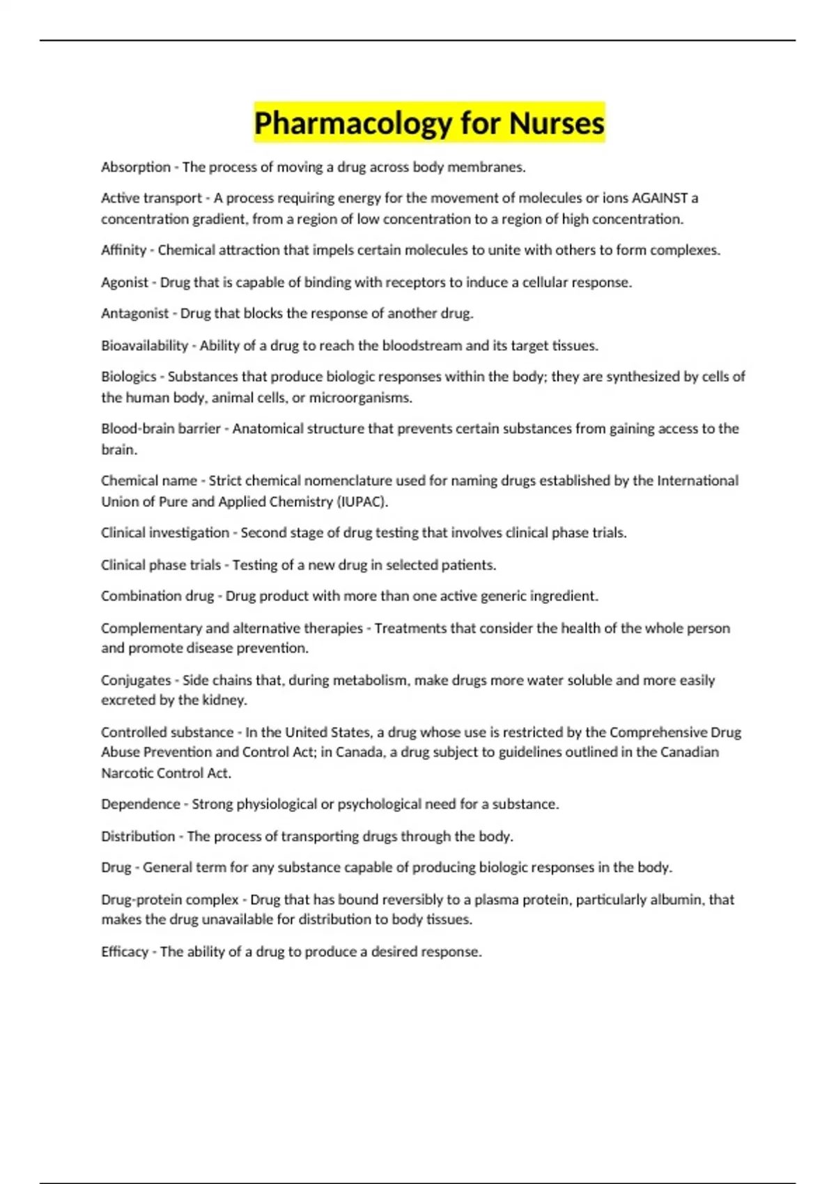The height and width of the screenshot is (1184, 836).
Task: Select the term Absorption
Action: (136, 167)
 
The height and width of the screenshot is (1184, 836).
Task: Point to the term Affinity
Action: (124, 250)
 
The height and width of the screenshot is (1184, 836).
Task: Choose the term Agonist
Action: (125, 282)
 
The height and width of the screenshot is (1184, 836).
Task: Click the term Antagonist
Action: (135, 313)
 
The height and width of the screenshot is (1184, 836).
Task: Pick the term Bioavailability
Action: (145, 345)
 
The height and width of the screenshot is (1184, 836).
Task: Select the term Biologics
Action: (129, 377)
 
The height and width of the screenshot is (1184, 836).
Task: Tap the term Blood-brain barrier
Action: (161, 428)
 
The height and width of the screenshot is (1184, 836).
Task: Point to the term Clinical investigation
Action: (165, 533)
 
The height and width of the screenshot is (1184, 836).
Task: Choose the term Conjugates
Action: (136, 680)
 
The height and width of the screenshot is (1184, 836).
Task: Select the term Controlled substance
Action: (167, 732)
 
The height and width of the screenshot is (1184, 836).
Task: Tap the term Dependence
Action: (141, 804)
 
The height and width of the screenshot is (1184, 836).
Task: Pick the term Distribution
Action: (138, 836)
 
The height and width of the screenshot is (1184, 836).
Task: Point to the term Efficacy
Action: (125, 951)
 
